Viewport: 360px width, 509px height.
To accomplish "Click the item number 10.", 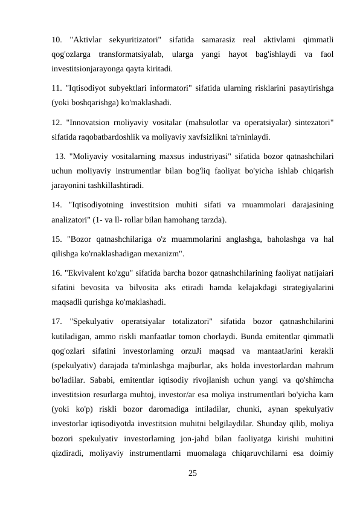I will tap(56, 40).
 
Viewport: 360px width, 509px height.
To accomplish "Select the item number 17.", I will tap(56, 320).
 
